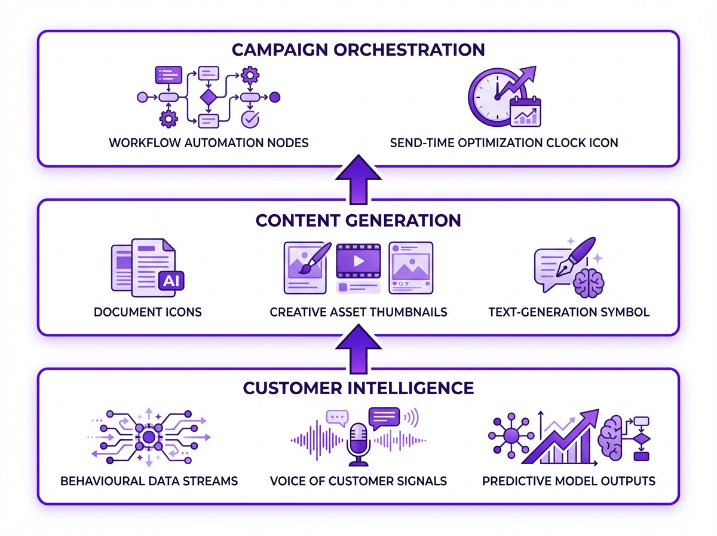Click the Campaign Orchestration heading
tap(358, 49)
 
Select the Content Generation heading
tap(358, 220)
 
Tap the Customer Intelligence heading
tap(358, 388)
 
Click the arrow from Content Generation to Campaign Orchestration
tap(358, 176)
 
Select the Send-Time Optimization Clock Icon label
tap(504, 143)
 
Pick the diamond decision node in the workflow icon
tap(207, 97)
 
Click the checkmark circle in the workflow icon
tap(249, 119)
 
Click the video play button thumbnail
tap(358, 261)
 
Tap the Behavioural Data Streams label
tap(149, 480)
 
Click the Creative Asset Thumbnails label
tap(358, 312)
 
